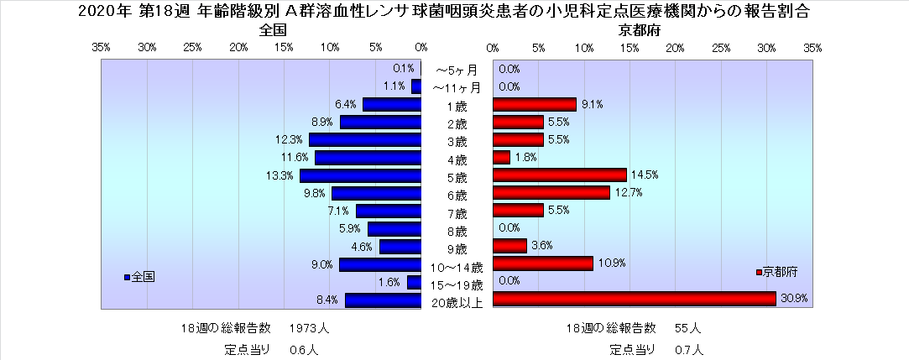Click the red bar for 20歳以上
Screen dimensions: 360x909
pyautogui.click(x=634, y=299)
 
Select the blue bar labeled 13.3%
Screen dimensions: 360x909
pyautogui.click(x=360, y=175)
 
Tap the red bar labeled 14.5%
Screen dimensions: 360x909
pyautogui.click(x=559, y=175)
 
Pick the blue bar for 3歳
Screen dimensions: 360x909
pyautogui.click(x=364, y=139)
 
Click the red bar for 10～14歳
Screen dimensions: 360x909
pyautogui.click(x=542, y=263)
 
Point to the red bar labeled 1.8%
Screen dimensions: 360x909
pyautogui.click(x=501, y=157)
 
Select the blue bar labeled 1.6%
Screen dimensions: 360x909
pyautogui.click(x=414, y=282)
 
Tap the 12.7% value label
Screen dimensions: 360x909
pyautogui.click(x=625, y=193)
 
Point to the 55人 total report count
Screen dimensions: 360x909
pyautogui.click(x=687, y=327)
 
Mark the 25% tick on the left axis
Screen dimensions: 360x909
pyautogui.click(x=192, y=48)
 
